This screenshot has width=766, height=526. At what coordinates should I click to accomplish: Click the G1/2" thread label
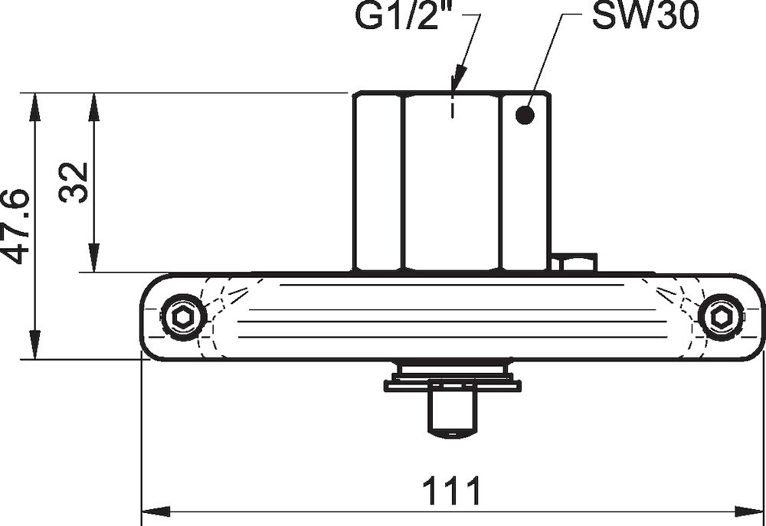coord(404,18)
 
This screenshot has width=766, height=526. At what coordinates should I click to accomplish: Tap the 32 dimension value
coord(74,182)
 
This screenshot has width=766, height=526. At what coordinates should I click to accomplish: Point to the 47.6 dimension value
coord(16,226)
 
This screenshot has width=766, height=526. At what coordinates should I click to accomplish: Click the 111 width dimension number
coord(453,491)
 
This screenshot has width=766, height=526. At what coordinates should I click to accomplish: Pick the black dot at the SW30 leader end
coord(524,116)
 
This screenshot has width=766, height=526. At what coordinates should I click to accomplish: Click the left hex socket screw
coord(183,316)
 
